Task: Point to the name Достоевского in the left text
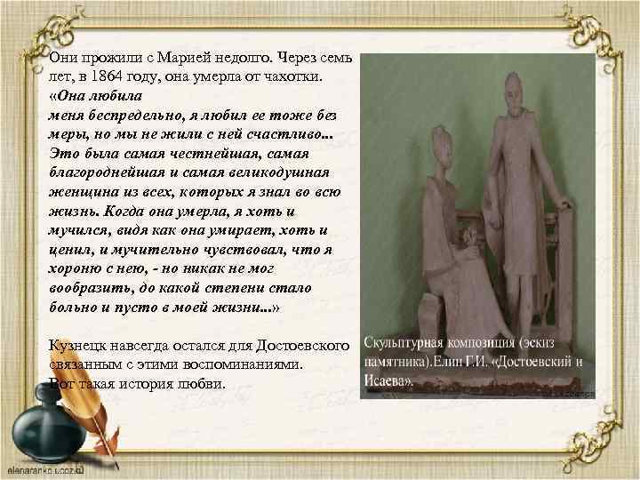(x=301, y=345)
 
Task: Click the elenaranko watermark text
(x=44, y=467)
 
